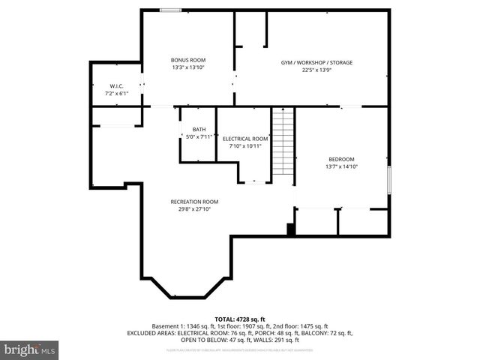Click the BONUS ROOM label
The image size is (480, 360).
click(x=187, y=60)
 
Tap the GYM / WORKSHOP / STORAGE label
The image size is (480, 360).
click(x=316, y=62)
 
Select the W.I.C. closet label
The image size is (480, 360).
click(x=116, y=86)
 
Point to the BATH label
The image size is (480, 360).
click(x=199, y=129)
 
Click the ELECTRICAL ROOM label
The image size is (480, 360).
click(x=245, y=139)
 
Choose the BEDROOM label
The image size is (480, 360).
click(x=341, y=159)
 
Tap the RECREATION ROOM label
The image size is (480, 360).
click(x=194, y=202)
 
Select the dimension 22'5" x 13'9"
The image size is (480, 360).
click(x=316, y=70)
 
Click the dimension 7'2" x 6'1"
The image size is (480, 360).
click(x=116, y=94)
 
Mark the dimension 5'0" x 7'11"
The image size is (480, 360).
click(x=199, y=136)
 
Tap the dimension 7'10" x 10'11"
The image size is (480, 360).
click(x=245, y=146)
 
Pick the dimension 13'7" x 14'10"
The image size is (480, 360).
click(x=341, y=166)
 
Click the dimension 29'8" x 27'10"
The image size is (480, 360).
click(x=194, y=209)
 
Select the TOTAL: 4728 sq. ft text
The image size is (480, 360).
click(x=240, y=319)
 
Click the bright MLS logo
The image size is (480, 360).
click(x=29, y=349)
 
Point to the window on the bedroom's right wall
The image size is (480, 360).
click(x=389, y=180)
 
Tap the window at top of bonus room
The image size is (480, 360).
click(x=169, y=10)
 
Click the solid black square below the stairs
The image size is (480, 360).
click(x=291, y=229)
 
